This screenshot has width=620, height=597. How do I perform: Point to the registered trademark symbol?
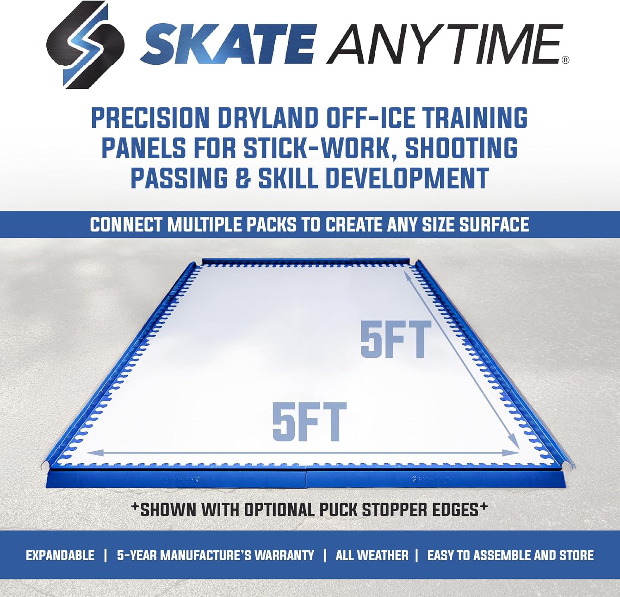[565, 60]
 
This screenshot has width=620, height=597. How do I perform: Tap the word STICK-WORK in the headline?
[317, 148]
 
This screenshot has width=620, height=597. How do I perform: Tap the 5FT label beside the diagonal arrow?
[395, 340]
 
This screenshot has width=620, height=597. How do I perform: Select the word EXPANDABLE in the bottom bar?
[60, 555]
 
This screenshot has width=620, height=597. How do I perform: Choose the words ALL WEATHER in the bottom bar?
[372, 555]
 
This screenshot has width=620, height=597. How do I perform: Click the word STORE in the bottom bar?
[576, 555]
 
